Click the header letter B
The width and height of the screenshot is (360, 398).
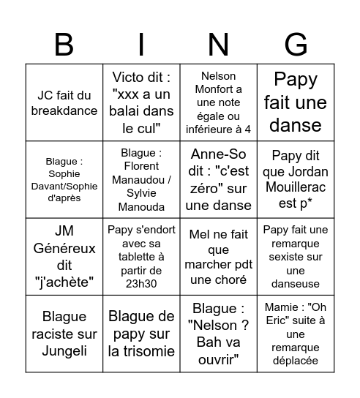[64, 45]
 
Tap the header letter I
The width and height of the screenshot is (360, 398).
[141, 45]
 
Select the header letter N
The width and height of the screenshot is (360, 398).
[218, 45]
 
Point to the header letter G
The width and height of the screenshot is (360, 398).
[296, 45]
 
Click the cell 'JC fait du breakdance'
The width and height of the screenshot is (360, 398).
[64, 102]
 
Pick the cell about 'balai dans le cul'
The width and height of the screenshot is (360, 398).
[141, 102]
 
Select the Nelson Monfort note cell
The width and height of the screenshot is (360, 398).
[218, 102]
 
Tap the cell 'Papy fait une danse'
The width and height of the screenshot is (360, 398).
[296, 102]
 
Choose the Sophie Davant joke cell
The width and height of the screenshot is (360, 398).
[64, 179]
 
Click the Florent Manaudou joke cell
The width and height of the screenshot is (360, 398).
[141, 179]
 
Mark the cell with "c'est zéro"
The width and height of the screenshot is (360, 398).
[218, 179]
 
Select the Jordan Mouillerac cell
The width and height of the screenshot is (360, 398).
[296, 179]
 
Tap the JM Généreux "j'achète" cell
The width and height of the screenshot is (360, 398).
[64, 256]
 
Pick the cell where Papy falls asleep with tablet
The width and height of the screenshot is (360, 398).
[141, 256]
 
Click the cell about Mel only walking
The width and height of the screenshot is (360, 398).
[218, 256]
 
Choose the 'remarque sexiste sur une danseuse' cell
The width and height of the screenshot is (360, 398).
[296, 256]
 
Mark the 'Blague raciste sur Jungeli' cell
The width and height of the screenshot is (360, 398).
[64, 333]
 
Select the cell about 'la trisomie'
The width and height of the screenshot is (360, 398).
[141, 333]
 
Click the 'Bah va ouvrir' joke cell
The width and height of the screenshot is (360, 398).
[218, 333]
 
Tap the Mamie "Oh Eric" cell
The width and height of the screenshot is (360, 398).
[296, 333]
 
